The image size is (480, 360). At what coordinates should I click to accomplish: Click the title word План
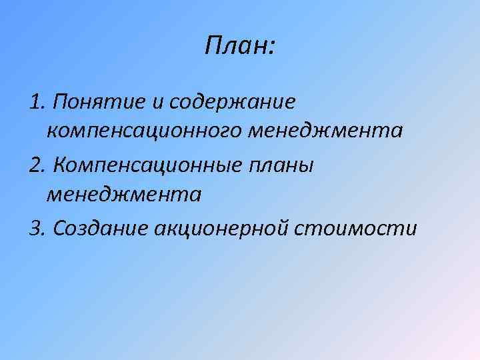click(x=236, y=46)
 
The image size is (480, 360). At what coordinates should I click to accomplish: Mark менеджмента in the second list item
click(x=123, y=194)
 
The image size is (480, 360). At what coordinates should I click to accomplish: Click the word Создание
click(x=100, y=228)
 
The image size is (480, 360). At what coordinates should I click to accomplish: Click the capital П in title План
click(x=213, y=46)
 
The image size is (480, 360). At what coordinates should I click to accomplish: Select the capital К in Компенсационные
click(x=59, y=164)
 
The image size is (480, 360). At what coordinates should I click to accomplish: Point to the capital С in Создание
click(x=59, y=228)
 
